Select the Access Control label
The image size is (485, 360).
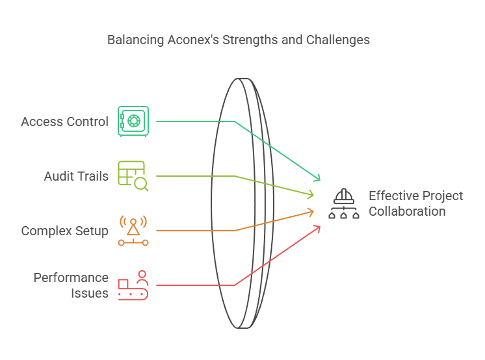coord(64,122)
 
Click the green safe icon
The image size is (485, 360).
coord(133,122)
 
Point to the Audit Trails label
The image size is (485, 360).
coord(76,176)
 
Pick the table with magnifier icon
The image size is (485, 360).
coord(133,175)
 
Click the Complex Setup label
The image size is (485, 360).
coord(64,231)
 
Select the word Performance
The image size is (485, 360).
coord(71,277)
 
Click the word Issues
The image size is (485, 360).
coord(90,293)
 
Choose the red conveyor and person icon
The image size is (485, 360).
coord(133,285)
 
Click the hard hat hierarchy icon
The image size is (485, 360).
coord(344,203)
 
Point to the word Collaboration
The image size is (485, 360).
coord(407,211)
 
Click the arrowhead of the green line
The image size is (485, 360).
coord(318,179)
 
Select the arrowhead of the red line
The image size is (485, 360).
coord(318,227)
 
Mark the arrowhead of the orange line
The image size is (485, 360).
coord(311,211)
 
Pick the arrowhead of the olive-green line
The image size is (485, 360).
coord(311,194)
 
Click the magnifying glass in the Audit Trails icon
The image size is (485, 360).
coord(141,184)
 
